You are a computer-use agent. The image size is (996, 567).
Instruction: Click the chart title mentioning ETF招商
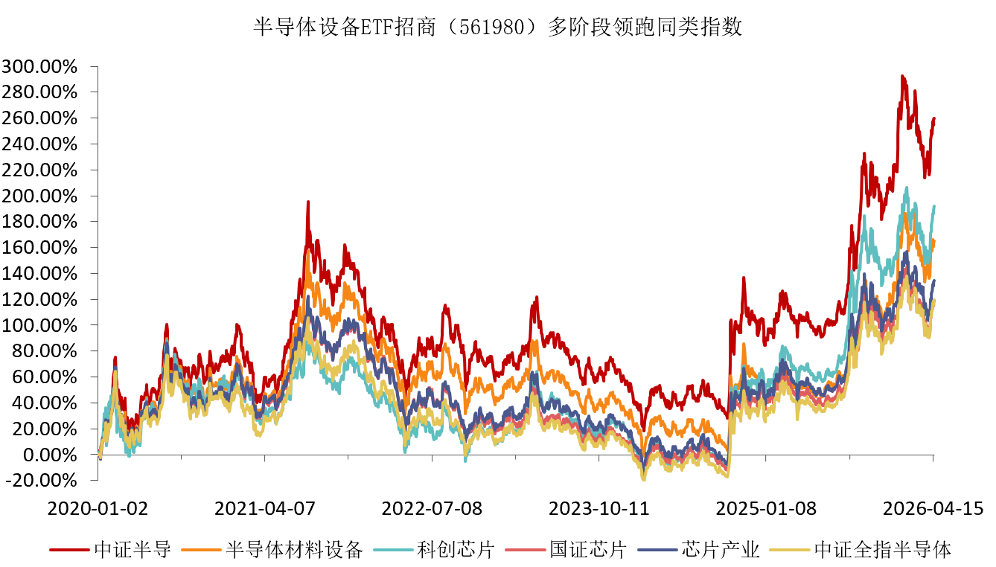click(x=498, y=28)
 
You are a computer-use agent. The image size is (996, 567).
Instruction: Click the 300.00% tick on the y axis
click(x=41, y=67)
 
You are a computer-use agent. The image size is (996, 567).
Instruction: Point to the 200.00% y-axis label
click(x=41, y=196)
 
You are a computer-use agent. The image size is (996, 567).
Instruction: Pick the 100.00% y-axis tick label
click(x=41, y=326)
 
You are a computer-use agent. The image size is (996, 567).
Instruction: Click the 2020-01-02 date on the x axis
click(x=98, y=509)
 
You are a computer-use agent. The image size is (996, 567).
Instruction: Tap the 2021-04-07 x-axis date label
click(x=265, y=509)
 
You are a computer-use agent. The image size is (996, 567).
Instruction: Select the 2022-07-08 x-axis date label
click(x=432, y=509)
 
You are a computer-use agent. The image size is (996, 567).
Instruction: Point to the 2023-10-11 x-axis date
click(x=599, y=509)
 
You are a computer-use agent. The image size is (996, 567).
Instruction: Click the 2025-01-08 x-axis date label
click(x=766, y=509)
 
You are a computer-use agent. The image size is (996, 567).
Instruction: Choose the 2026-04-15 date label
click(x=933, y=509)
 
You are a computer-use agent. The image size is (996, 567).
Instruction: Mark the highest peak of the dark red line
click(x=902, y=76)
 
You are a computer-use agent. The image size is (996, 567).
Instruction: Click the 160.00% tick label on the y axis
click(x=41, y=248)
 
